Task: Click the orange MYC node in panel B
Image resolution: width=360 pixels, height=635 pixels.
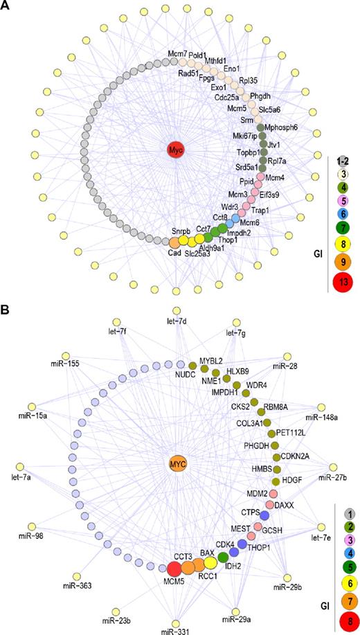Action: click(x=179, y=462)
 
